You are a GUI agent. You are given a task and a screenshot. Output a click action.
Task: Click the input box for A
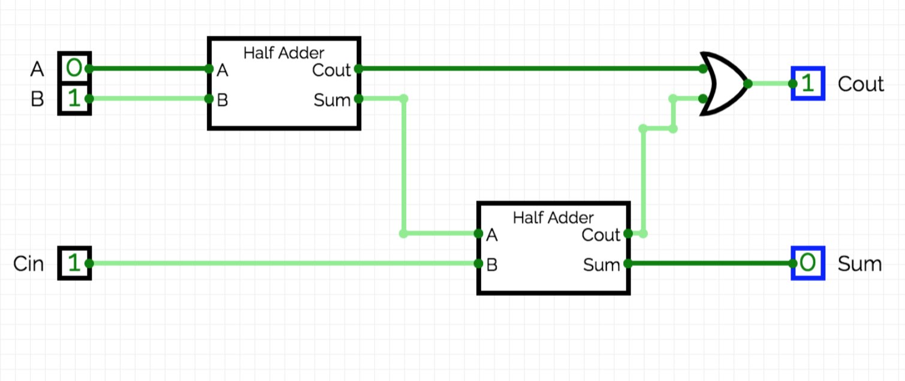74,68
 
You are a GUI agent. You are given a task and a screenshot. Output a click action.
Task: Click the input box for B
74,98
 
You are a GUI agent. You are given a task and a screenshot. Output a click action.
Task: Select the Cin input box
74,263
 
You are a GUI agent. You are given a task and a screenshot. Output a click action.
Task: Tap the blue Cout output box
807,83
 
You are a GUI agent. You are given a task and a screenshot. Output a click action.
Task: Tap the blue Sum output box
807,263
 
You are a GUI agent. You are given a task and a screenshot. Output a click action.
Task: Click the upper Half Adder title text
283,53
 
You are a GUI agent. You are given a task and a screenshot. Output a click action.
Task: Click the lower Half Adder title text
553,217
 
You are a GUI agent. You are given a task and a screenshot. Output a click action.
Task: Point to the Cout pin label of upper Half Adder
331,70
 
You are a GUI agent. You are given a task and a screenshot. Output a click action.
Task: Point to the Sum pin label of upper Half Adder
331,100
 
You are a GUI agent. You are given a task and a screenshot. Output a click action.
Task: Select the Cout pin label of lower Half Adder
600,235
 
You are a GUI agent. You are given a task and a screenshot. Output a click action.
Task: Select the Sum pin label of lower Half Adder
601,265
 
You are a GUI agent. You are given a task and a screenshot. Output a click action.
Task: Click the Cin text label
29,264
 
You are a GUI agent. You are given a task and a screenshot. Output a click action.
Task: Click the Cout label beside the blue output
861,84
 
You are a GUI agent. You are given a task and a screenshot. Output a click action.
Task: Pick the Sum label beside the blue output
859,264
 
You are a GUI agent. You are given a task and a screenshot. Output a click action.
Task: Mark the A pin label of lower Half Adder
492,235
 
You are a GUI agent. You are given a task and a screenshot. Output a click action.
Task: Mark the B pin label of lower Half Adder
492,265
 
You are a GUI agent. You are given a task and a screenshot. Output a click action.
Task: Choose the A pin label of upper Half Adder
223,71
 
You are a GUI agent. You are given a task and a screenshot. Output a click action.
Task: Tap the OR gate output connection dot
747,83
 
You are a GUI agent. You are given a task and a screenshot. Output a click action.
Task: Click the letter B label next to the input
37,99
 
